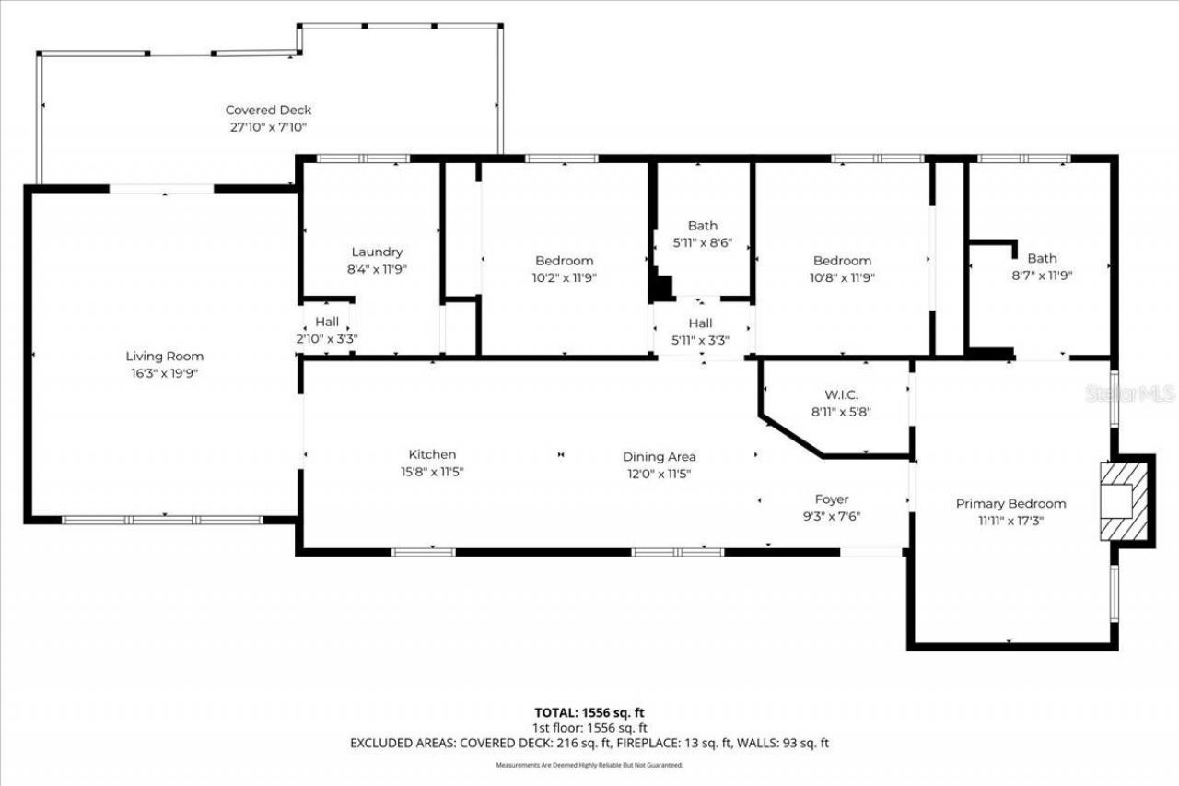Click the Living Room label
tap(165, 357)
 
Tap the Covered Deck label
tap(268, 111)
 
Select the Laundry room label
tap(377, 252)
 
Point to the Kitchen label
tap(432, 454)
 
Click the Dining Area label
tap(659, 457)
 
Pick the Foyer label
tap(831, 499)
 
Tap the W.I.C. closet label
tap(842, 394)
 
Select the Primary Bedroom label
tap(1010, 503)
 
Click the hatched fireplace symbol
tap(1125, 500)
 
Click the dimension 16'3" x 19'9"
tap(165, 373)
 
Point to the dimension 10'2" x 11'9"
tap(565, 276)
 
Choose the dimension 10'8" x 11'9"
tap(842, 276)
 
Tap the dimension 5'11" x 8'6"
tap(702, 242)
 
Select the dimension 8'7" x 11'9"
tap(1042, 275)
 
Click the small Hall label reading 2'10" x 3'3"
tap(327, 338)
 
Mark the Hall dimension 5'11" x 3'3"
tap(700, 339)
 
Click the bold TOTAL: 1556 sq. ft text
tap(589, 712)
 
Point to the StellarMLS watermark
tap(1130, 393)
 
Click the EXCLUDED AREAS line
tap(589, 743)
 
